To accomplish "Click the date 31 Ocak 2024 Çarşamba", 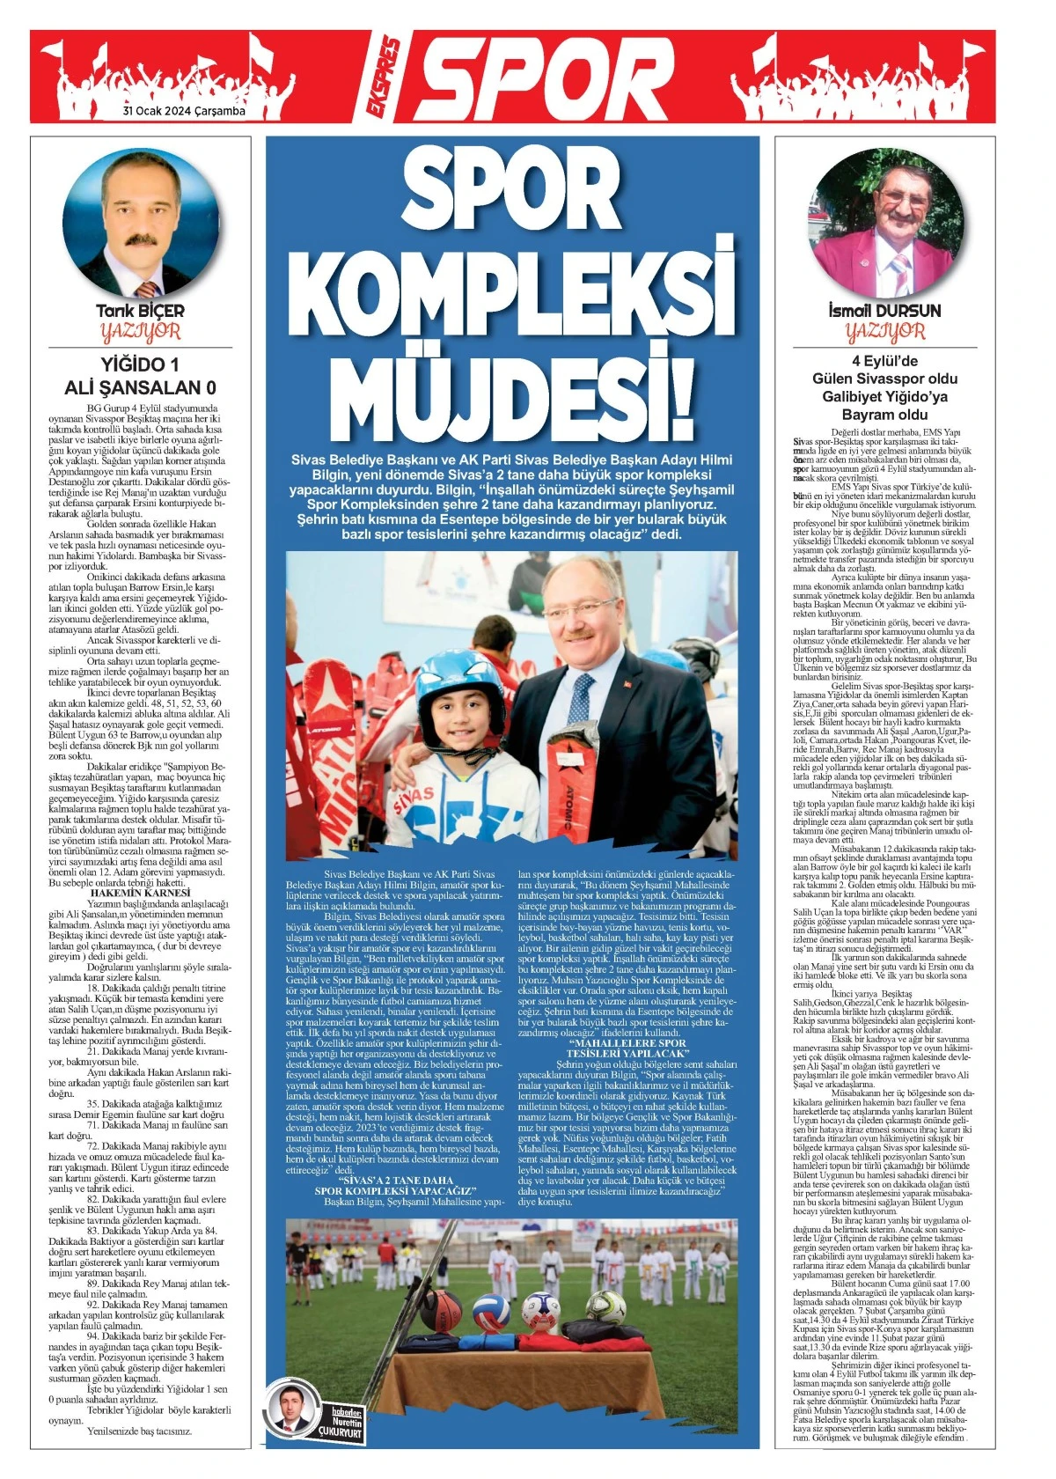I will pos(184,112).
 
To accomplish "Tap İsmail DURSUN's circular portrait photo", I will pos(884,224).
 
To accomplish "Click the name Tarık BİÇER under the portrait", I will pos(141,311).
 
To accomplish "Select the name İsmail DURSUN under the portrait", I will pos(884,311).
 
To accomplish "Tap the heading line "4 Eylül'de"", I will pos(884,361).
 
